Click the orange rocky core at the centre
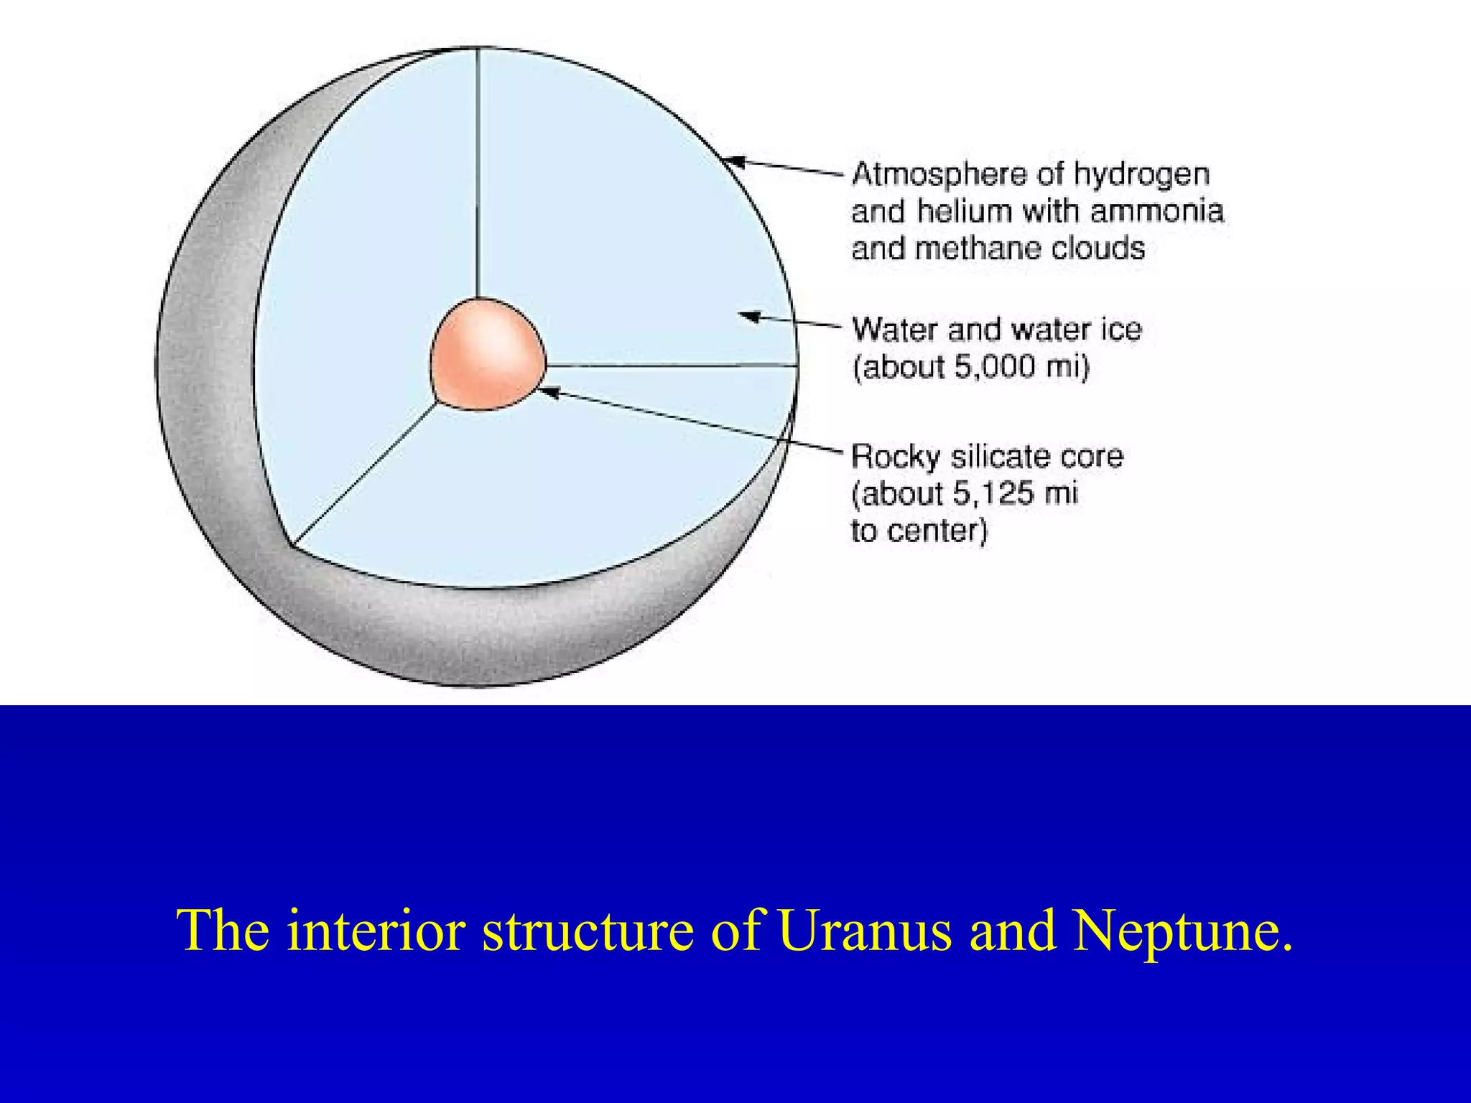pyautogui.click(x=488, y=355)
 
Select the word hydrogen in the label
pyautogui.click(x=1141, y=174)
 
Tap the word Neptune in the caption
pyautogui.click(x=1182, y=931)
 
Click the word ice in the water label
pyautogui.click(x=1120, y=330)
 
